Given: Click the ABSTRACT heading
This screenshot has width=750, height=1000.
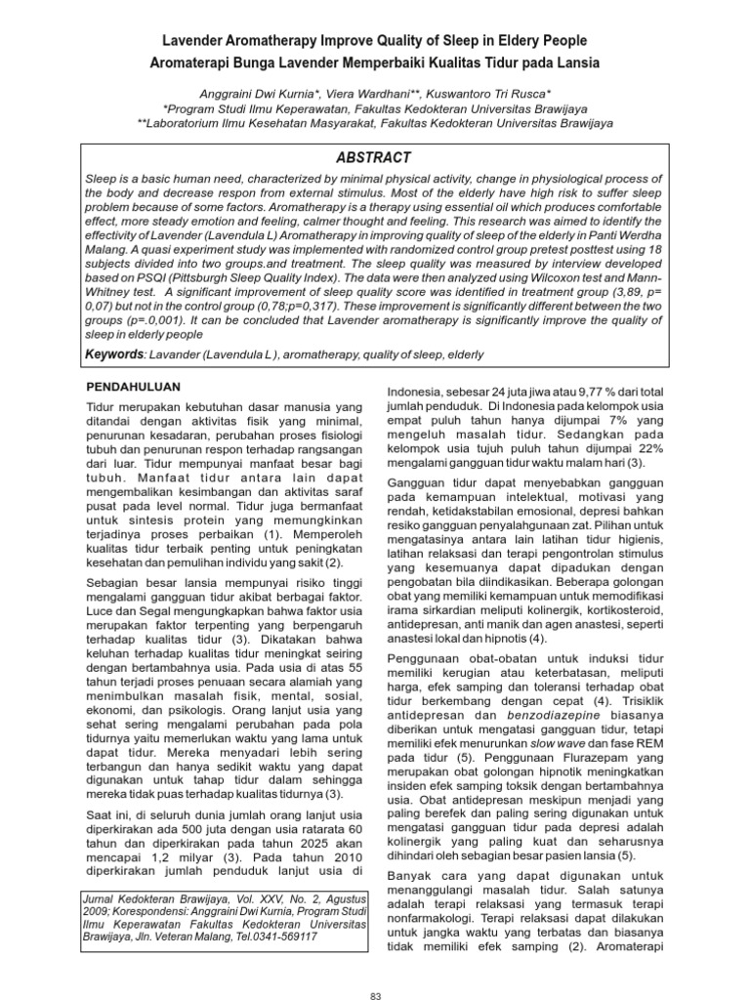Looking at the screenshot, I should [374, 157].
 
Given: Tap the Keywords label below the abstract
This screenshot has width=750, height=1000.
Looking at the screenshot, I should [113, 354].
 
